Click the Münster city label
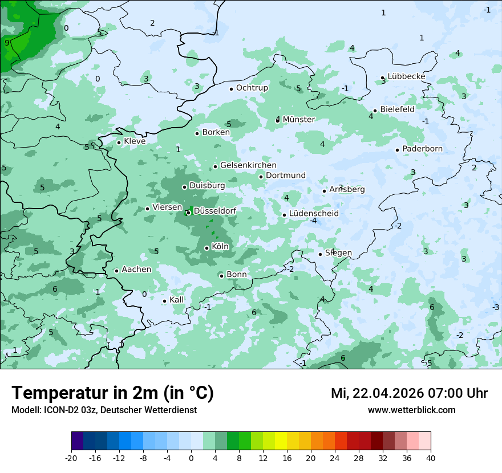(x=298, y=120)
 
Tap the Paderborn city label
(x=422, y=149)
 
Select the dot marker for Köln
(x=207, y=248)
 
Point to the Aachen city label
(x=136, y=270)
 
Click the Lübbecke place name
(x=406, y=76)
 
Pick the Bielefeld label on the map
(x=397, y=109)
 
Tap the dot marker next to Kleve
(x=119, y=142)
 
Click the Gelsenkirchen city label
(x=248, y=165)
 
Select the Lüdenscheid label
(x=314, y=214)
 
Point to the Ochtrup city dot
(x=231, y=89)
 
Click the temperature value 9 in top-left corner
(x=7, y=43)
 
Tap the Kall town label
(x=177, y=300)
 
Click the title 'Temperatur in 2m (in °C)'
(x=112, y=393)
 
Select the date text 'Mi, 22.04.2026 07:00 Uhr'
(x=409, y=393)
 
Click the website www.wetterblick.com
(x=411, y=410)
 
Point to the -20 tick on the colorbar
(x=71, y=458)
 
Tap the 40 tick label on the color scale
(x=431, y=458)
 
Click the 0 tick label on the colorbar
(x=191, y=458)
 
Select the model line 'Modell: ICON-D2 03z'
(x=104, y=410)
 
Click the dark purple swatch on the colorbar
(x=77, y=441)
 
